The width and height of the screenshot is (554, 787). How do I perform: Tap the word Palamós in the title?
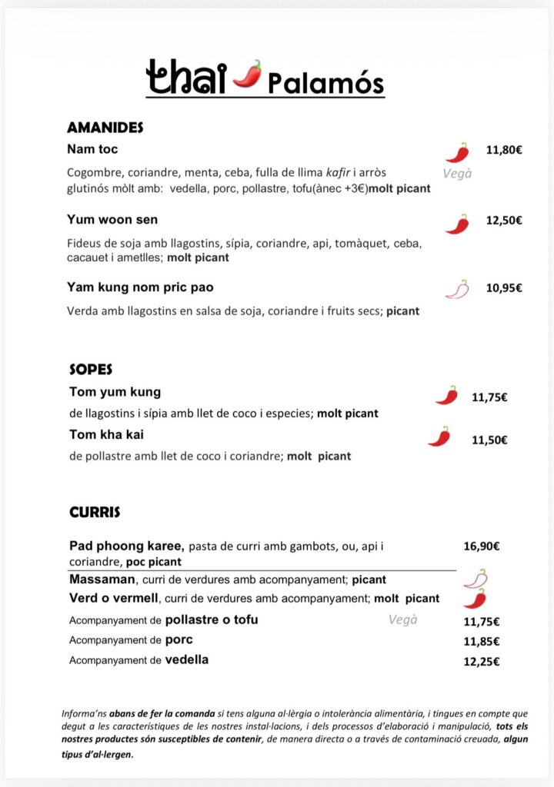[x=325, y=82]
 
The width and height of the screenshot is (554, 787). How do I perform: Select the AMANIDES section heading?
[x=105, y=128]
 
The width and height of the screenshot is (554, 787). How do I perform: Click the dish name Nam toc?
[x=92, y=149]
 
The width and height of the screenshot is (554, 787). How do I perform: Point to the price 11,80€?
[x=504, y=150]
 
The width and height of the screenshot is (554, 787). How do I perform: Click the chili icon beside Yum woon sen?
[x=457, y=224]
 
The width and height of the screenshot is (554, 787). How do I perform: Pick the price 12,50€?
[x=504, y=221]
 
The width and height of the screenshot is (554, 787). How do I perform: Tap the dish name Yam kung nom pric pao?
[x=140, y=287]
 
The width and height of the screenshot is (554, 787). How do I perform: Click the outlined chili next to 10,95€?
[x=457, y=290]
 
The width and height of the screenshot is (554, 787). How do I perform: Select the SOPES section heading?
[x=91, y=370]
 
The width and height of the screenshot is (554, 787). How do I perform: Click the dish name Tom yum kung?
[x=115, y=392]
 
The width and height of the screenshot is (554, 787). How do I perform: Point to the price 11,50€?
[x=489, y=440]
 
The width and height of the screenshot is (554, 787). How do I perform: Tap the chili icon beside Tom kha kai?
[x=439, y=437]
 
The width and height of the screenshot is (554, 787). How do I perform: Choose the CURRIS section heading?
[x=95, y=511]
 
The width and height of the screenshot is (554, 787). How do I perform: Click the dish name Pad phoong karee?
[x=126, y=546]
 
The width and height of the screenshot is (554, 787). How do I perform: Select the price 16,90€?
[x=482, y=547]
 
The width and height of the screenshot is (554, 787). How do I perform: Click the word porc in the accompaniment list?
[x=179, y=640]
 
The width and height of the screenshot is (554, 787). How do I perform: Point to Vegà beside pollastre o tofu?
[x=403, y=619]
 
